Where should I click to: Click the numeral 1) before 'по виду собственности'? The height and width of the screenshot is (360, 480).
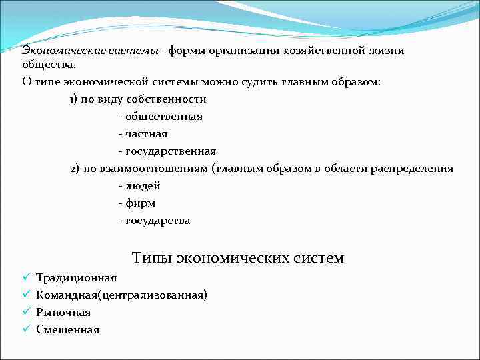pos(75,99)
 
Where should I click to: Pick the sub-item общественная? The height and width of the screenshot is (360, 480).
pos(164,117)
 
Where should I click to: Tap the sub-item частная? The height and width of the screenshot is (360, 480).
pos(147,134)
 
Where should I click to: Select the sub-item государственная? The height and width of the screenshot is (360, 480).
pos(171,151)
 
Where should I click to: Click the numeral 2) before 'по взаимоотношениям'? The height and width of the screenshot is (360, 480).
pos(75,169)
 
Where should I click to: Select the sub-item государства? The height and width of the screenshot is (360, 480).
pos(157,221)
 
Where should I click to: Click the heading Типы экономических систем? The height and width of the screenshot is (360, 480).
pos(238,257)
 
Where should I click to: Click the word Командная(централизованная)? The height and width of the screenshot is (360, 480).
pos(121,295)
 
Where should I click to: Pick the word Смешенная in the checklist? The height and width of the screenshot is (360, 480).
pos(67,329)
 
